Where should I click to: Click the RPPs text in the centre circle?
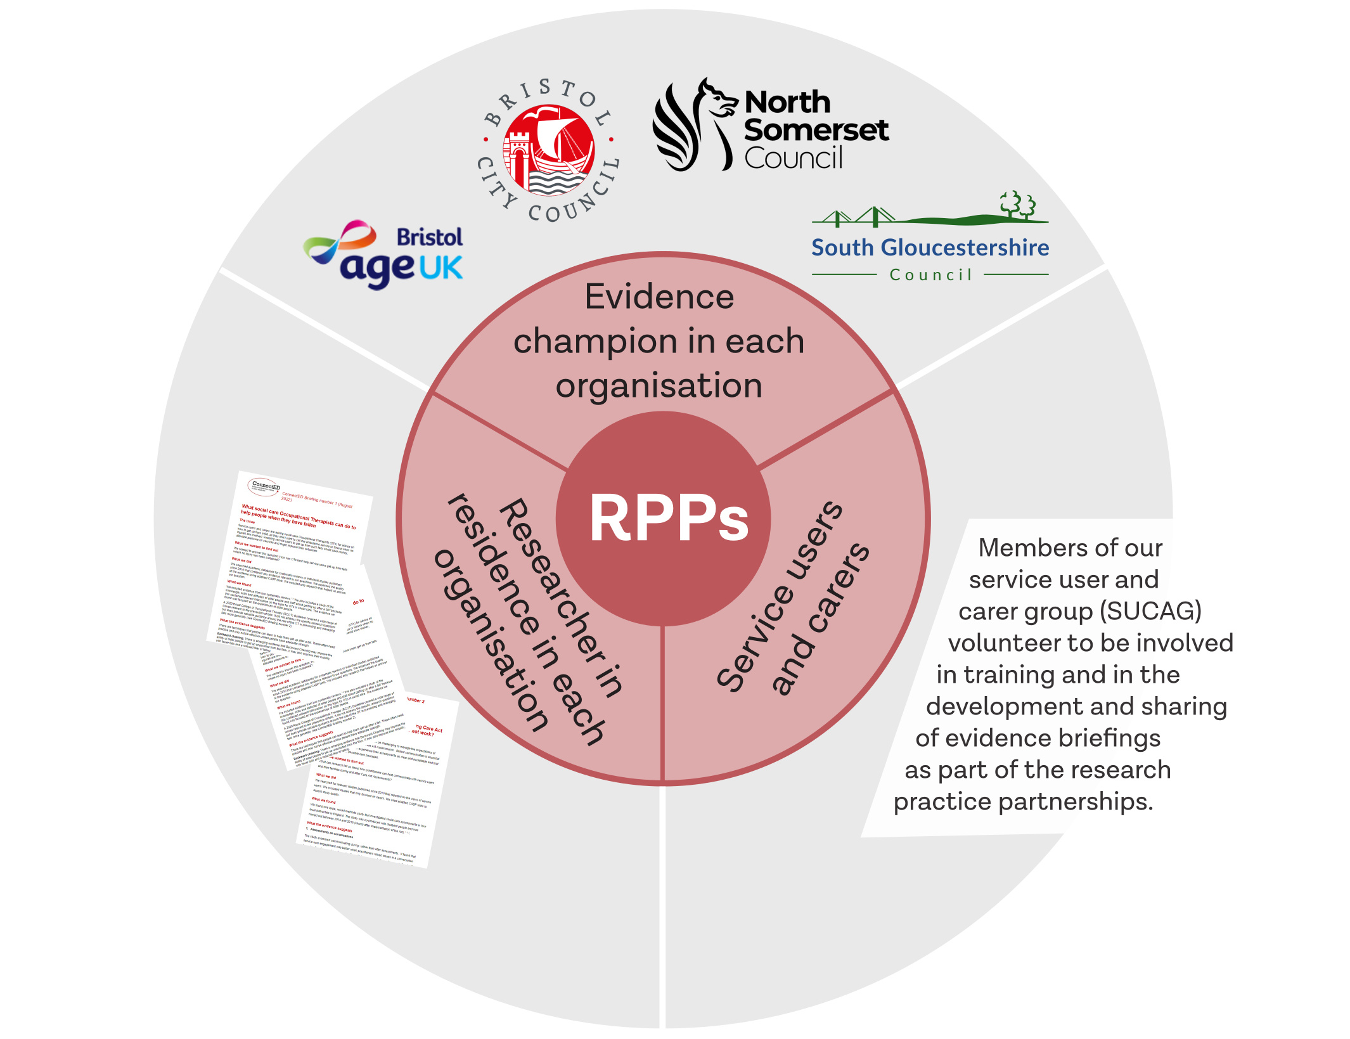(x=669, y=518)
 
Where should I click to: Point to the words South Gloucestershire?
(x=930, y=247)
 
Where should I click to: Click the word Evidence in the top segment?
(x=659, y=297)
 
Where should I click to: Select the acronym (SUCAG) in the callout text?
(x=1150, y=611)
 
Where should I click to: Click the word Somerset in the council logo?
(x=816, y=130)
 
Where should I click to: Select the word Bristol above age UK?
(x=430, y=237)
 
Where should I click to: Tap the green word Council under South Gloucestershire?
(x=930, y=275)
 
